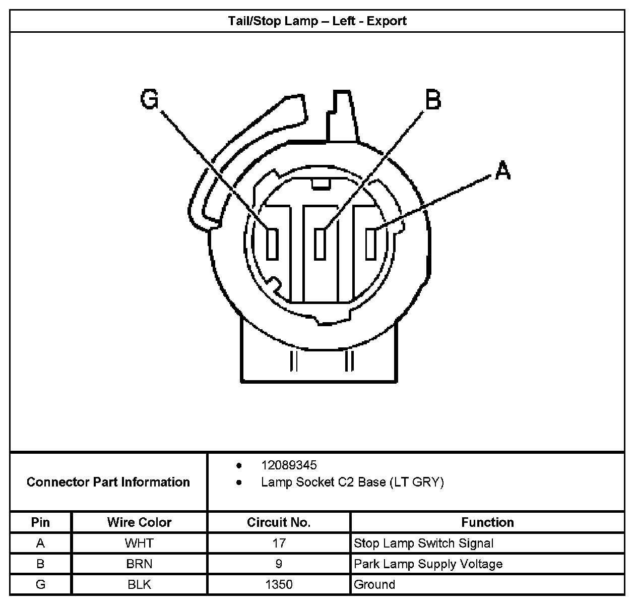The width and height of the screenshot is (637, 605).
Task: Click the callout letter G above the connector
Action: [x=150, y=99]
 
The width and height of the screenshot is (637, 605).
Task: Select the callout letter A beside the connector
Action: [x=502, y=170]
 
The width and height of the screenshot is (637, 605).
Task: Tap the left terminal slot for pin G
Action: [x=272, y=244]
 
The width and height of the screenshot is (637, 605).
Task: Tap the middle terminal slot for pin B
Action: [x=321, y=244]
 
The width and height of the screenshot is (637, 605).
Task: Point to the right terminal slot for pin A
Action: [x=372, y=244]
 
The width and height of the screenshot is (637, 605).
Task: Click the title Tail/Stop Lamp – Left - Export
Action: [x=317, y=21]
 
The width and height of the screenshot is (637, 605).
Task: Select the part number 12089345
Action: [x=289, y=465]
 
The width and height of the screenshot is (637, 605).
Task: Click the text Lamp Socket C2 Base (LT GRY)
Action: [x=352, y=482]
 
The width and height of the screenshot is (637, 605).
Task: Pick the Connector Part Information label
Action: [x=108, y=482]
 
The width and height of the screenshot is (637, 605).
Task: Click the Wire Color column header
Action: [x=139, y=522]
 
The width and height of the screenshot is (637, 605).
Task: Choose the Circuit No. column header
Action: [x=279, y=522]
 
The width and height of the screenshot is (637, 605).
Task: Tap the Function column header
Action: [x=487, y=522]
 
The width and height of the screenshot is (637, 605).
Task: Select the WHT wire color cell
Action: [x=139, y=543]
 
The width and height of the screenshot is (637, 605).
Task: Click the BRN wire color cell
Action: [x=139, y=564]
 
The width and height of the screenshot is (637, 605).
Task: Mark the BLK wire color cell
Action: [x=139, y=585]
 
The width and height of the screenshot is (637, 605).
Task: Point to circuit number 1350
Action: [x=279, y=585]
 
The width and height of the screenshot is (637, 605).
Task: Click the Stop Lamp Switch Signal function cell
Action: [x=423, y=543]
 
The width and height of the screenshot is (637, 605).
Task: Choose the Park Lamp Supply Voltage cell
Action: [x=428, y=564]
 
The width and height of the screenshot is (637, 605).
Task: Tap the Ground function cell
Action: [x=374, y=585]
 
